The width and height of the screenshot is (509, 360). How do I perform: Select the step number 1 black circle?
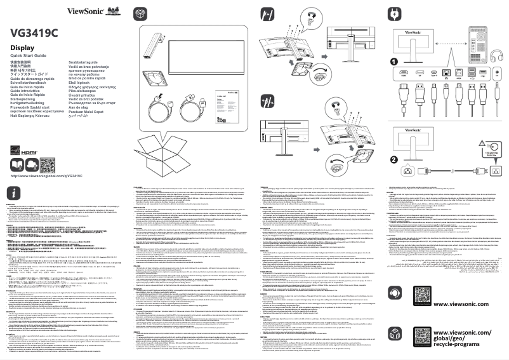[394, 62]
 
